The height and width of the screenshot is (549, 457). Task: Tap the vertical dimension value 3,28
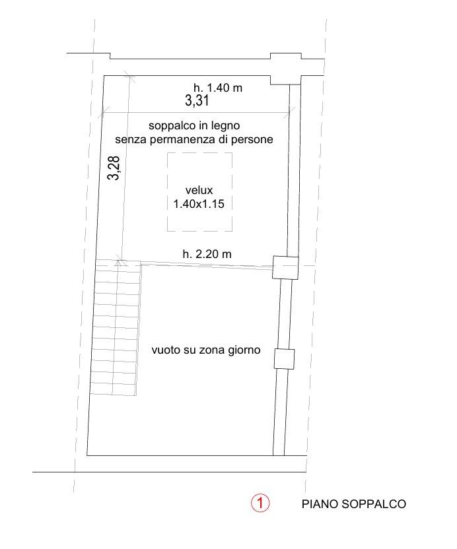(x=114, y=168)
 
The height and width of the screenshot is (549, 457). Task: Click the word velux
(x=199, y=191)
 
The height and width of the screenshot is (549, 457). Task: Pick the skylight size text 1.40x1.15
(x=199, y=204)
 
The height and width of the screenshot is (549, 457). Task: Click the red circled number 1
(x=260, y=503)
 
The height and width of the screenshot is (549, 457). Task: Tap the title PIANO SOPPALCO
(x=353, y=505)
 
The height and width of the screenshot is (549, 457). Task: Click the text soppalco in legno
(x=198, y=125)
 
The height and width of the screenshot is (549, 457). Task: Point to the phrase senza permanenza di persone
(x=193, y=139)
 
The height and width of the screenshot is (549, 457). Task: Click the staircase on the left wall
(x=116, y=327)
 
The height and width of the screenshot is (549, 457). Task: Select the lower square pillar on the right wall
(x=284, y=359)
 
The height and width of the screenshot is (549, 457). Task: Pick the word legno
(x=232, y=125)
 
